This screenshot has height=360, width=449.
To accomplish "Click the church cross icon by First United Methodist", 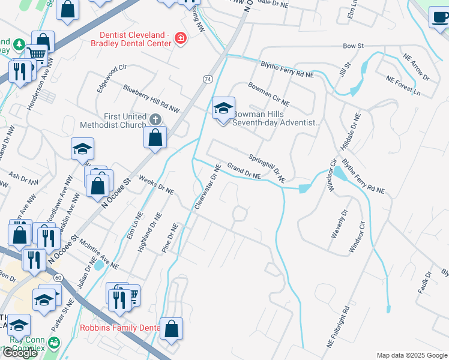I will tap(155, 119).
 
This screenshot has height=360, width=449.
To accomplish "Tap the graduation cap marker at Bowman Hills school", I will tap(223, 109).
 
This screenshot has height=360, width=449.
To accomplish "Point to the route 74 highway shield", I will tap(208, 79).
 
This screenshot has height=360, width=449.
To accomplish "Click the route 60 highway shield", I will tap(58, 278).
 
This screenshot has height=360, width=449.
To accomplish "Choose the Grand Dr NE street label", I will tap(243, 170).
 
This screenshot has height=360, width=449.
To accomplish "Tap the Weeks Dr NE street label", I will tap(156, 185).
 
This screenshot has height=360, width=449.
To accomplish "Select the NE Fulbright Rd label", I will tap(338, 328).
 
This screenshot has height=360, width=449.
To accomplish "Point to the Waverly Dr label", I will tap(339, 224).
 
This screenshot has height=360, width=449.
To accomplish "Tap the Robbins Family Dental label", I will tap(119, 328).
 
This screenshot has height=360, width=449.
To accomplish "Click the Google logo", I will tap(20, 353).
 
